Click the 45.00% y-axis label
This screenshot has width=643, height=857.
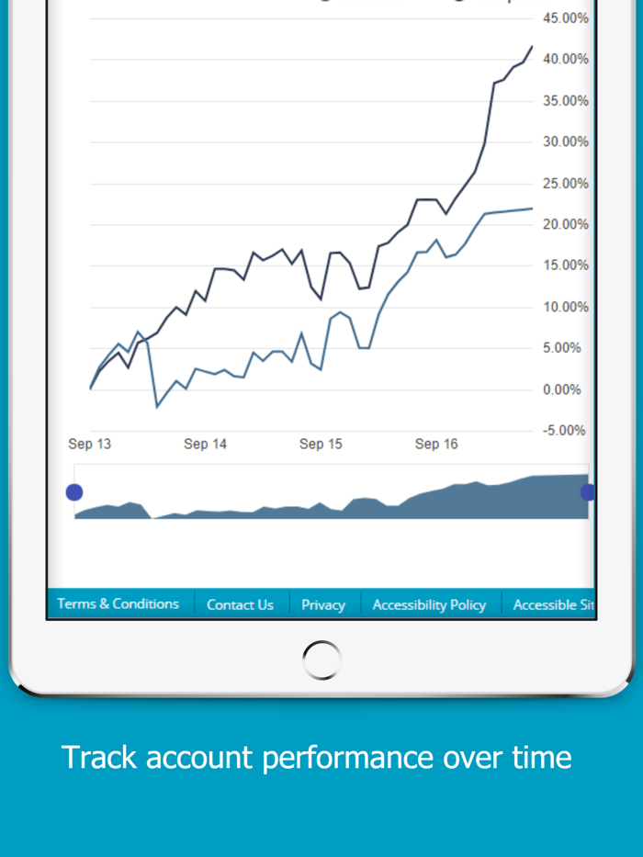(565, 17)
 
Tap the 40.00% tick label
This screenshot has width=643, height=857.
(565, 59)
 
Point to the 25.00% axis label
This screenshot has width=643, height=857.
(565, 183)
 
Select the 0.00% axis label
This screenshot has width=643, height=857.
(561, 389)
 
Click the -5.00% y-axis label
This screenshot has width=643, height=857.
(561, 430)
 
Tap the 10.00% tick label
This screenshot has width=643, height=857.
(565, 307)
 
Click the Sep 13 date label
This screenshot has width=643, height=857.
(89, 444)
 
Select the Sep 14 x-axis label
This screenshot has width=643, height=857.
(205, 444)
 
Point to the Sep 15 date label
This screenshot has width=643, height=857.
(321, 444)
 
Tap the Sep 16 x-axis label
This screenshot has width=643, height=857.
(436, 444)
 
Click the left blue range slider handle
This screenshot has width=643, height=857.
(74, 492)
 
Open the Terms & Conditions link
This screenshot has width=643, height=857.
(118, 603)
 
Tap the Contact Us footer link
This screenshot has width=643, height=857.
(240, 604)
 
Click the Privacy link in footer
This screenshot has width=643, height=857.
(323, 604)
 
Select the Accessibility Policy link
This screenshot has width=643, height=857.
(429, 604)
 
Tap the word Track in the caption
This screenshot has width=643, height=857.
(99, 757)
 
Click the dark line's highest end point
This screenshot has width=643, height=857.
(532, 46)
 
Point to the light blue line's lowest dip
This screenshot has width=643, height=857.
(157, 406)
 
